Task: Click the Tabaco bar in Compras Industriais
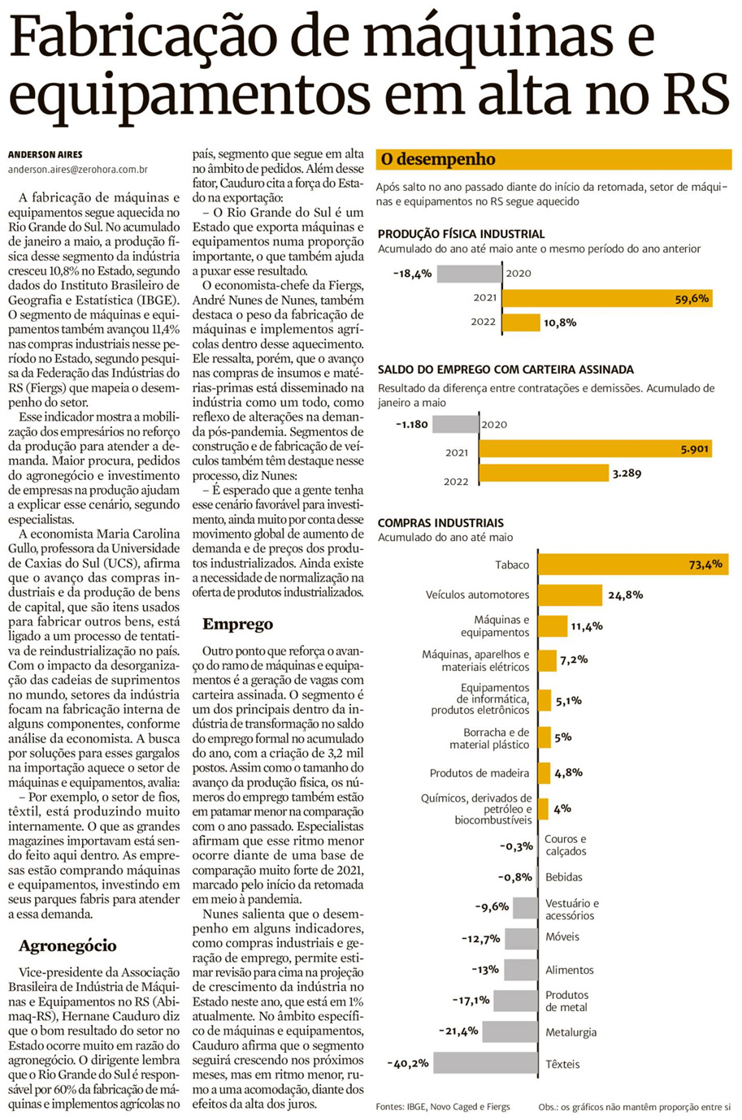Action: pos(632,564)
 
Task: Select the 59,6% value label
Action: pos(692,298)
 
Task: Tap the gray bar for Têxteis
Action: pos(485,1063)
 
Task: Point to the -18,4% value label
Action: pos(412,274)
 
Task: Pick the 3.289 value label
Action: pos(627,472)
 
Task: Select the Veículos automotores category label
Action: pos(477,595)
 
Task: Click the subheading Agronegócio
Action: pos(67,945)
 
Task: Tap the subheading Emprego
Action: pos(237,624)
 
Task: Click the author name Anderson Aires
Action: pos(46,154)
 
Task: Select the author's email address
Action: pos(78,170)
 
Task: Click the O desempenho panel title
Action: pos(438,159)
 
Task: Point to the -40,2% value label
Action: pos(408,1063)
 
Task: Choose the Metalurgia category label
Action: pos(571,1032)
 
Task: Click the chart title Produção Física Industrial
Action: pos(461,234)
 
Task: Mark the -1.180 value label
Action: pos(412,424)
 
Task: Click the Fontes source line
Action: pos(443,1106)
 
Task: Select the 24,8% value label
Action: pos(625,595)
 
